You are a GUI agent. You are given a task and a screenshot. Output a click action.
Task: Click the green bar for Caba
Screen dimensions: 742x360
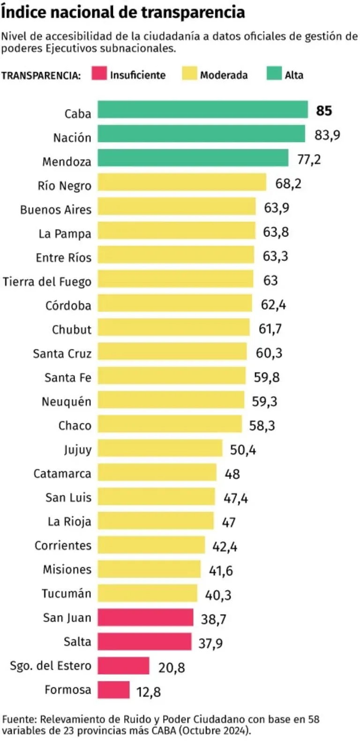tap(202, 110)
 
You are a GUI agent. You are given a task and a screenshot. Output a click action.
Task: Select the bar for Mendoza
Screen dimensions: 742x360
tap(193, 158)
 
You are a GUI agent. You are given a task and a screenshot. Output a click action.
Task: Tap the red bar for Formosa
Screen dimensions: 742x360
tap(113, 690)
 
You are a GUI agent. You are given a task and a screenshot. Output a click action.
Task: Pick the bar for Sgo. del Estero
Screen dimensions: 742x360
tap(123, 666)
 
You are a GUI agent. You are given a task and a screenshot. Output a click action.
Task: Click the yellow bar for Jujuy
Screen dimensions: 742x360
tap(160, 448)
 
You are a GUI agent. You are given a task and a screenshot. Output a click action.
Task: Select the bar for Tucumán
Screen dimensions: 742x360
tap(147, 594)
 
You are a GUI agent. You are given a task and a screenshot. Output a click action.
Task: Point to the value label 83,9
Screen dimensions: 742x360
tap(327, 135)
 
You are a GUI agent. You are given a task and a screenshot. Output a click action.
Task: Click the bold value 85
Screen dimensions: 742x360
tap(324, 111)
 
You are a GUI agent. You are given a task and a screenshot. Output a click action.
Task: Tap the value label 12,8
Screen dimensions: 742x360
tap(149, 692)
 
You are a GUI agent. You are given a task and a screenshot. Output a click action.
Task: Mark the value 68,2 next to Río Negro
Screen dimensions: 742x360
tap(288, 184)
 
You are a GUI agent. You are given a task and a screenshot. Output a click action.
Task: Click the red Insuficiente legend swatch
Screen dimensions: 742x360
tap(99, 74)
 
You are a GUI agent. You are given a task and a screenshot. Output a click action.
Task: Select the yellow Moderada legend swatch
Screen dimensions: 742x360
tap(189, 74)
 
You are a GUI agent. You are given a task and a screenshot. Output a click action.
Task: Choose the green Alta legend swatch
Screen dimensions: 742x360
tap(274, 74)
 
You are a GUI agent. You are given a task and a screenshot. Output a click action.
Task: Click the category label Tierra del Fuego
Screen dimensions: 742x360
tap(47, 282)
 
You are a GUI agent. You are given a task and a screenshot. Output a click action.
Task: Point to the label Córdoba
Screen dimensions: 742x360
tap(68, 305)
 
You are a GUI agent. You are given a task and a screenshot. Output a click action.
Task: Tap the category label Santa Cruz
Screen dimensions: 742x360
tap(62, 353)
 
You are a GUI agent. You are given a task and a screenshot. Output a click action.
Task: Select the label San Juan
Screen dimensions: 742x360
tap(67, 618)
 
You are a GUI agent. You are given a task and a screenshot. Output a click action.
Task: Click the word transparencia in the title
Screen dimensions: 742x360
tap(193, 12)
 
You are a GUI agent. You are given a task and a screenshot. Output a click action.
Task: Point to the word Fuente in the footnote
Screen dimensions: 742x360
tap(18, 719)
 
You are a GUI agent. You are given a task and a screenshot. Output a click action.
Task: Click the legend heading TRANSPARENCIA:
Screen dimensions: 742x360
tap(41, 75)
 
